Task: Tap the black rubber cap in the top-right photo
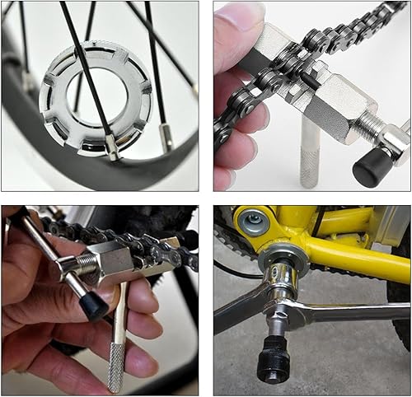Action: [372, 167]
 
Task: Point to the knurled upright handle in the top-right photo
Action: [310, 152]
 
